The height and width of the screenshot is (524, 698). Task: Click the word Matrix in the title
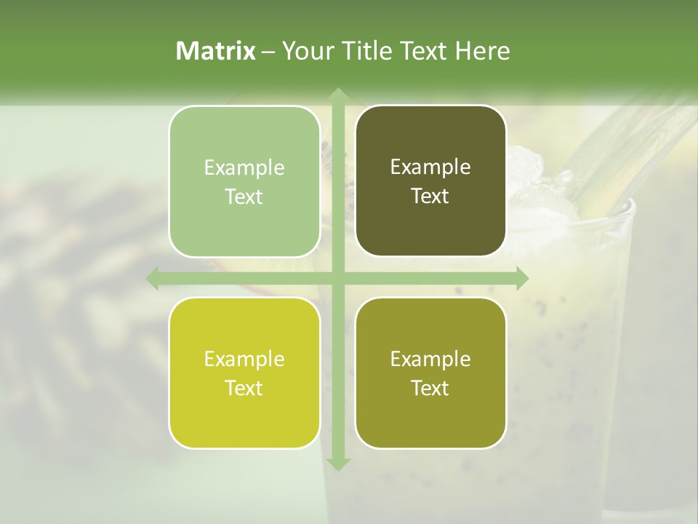216,51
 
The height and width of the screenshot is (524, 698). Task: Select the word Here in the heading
482,51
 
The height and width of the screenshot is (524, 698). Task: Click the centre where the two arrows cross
337,278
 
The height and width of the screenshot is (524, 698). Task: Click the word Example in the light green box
244,168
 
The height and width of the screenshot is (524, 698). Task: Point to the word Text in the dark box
430,196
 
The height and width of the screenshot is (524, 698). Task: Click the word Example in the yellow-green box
244,360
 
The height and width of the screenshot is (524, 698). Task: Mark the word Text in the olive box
430,389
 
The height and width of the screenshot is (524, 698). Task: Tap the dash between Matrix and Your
268,52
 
